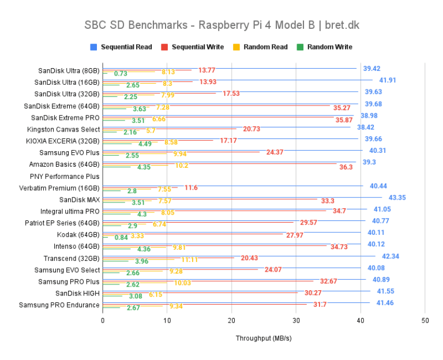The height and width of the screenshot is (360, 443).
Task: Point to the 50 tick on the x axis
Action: pos(425,320)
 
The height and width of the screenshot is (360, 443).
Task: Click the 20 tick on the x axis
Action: pos(231,320)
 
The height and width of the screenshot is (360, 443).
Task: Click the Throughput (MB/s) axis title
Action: pos(264,339)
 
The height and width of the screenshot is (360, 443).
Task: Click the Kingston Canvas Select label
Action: pos(63,129)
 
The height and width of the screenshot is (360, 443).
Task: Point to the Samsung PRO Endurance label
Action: pos(59,305)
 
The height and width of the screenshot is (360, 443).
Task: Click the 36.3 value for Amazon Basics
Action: pos(346,167)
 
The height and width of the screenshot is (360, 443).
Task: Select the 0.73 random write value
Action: pos(121,73)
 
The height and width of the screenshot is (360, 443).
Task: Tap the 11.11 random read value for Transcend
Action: pos(190,260)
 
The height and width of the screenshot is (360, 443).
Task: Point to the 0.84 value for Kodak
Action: pos(121,237)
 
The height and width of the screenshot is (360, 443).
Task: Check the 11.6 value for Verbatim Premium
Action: pos(191,187)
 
